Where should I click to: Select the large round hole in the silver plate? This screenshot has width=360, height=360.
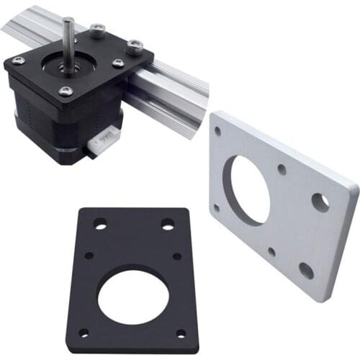coord(247,189)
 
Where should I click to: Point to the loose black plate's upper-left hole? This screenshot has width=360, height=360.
coord(100,225)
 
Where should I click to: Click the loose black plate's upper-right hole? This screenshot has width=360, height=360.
coord(167,225)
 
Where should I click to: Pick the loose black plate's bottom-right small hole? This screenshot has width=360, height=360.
coord(181,333)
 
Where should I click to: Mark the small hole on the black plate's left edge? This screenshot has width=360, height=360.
coord(89,255)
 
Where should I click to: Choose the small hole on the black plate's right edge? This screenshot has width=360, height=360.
coord(177,256)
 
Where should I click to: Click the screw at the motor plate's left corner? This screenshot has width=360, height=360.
coord(19,60)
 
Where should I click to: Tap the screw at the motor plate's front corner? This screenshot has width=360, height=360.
coord(66,91)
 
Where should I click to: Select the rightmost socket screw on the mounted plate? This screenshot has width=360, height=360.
coord(134,48)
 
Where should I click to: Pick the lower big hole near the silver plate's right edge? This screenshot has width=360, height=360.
coord(306,270)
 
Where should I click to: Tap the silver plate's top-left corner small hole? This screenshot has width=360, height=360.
coord(218,131)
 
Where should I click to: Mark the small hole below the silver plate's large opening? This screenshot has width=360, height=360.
coord(271,252)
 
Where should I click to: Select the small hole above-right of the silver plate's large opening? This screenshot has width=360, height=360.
coord(282,170)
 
